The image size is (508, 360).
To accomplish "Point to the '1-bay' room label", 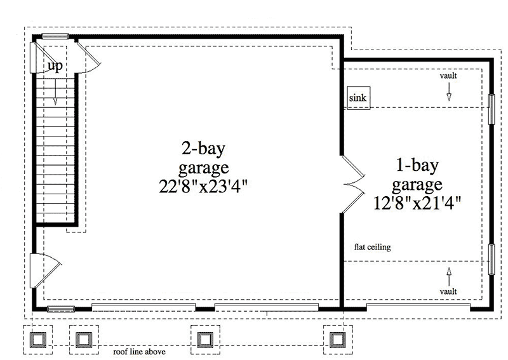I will pyautogui.click(x=417, y=167).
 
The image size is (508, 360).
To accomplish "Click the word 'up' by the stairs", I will pyautogui.click(x=55, y=66).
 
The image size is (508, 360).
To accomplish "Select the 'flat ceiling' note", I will pyautogui.click(x=373, y=248).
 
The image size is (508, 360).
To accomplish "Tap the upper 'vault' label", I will pyautogui.click(x=448, y=76).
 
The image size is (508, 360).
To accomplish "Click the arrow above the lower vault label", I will pyautogui.click(x=448, y=274).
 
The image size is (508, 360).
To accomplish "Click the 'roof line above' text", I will pyautogui.click(x=140, y=351).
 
